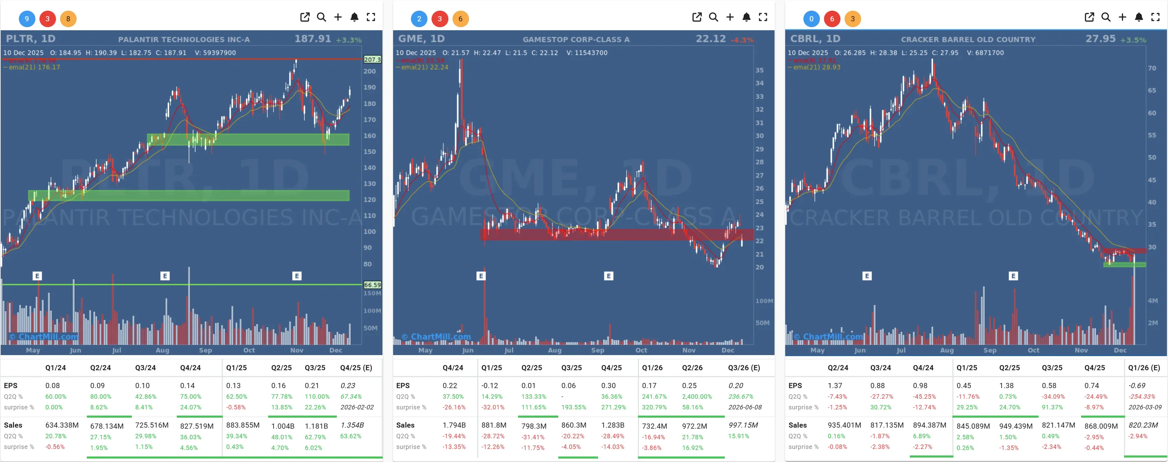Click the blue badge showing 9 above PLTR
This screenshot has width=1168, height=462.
[27, 19]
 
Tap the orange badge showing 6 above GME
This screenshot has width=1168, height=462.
[460, 19]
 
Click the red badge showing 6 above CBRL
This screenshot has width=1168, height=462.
[832, 19]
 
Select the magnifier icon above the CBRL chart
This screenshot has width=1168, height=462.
[1106, 17]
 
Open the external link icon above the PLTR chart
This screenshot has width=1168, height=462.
[305, 17]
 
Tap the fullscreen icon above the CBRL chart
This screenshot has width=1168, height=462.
[1155, 17]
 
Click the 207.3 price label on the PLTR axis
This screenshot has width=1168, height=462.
[372, 59]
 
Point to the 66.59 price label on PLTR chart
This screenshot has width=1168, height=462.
[372, 285]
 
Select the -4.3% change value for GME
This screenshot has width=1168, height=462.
[742, 40]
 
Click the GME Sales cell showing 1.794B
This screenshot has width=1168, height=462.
[454, 425]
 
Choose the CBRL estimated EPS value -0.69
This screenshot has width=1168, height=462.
[1137, 385]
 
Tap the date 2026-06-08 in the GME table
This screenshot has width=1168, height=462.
[745, 407]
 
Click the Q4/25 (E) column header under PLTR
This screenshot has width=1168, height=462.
[356, 367]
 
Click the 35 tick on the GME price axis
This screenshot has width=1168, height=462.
[759, 70]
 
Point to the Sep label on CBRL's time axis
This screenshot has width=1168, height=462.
[990, 350]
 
